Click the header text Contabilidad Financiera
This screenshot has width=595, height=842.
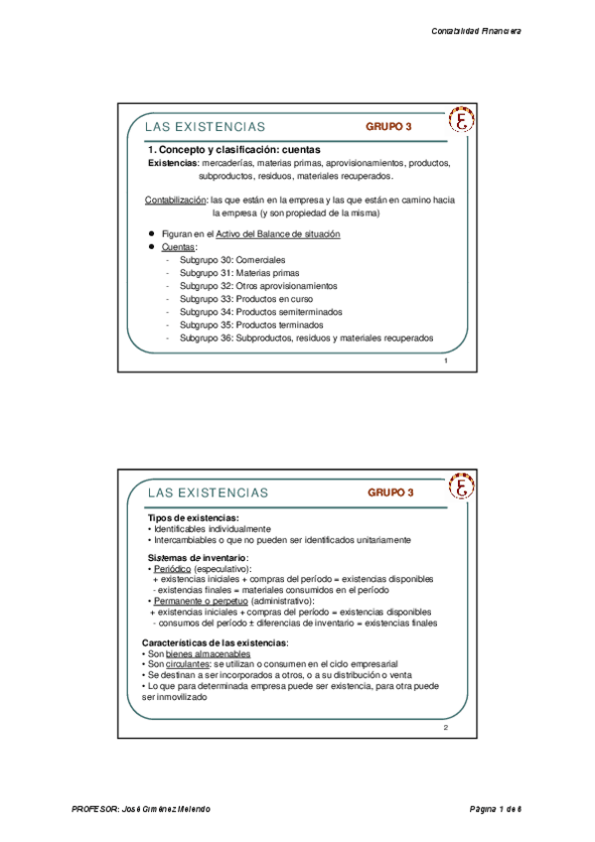476,31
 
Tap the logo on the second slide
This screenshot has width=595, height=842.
462,487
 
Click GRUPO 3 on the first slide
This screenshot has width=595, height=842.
388,127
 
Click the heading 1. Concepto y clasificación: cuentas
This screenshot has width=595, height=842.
233,149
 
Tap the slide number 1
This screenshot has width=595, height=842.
446,360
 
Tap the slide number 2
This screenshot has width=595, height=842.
446,728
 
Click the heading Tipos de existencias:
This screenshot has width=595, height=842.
193,518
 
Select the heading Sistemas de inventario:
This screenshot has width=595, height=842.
199,558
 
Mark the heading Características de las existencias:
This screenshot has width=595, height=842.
218,642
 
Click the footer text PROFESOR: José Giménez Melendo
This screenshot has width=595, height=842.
141,810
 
